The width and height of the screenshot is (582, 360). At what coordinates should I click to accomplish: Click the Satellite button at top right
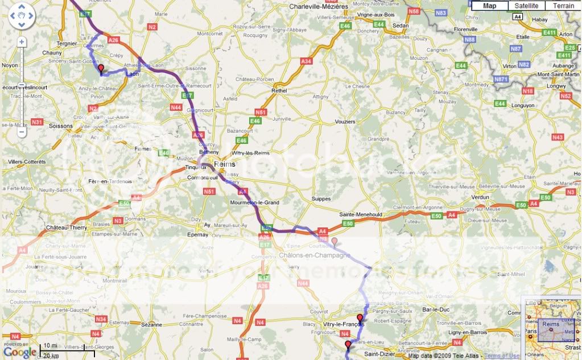point(526,6)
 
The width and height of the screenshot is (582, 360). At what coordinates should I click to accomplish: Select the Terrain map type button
point(563,6)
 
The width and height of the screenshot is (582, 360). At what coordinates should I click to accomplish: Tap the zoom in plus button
point(22,42)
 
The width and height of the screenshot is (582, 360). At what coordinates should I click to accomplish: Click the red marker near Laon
point(101,69)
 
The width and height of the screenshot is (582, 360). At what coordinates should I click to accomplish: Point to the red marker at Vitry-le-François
point(360,317)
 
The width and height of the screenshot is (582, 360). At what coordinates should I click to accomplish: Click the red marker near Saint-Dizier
point(348,345)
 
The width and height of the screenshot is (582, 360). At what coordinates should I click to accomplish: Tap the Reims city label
point(225,164)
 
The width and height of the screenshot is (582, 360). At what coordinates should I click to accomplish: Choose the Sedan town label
point(401,26)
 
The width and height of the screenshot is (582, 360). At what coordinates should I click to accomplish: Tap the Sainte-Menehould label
point(360,214)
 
